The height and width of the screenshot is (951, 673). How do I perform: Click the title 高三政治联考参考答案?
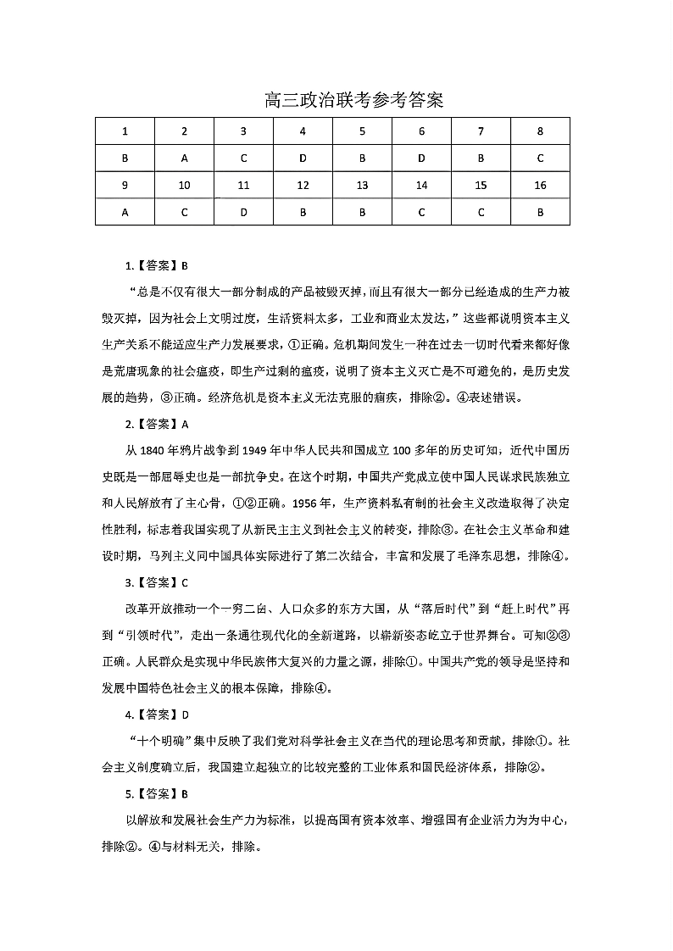(354, 101)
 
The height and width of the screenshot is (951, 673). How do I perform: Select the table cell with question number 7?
(481, 131)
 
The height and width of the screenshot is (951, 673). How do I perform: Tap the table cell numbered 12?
(303, 185)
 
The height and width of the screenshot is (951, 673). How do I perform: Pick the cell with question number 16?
(540, 185)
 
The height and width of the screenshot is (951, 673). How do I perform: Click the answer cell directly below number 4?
(303, 158)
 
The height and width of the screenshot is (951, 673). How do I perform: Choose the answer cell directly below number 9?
(125, 212)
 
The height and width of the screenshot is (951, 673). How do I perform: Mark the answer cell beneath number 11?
(243, 212)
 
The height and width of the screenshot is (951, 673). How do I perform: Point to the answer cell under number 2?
(184, 158)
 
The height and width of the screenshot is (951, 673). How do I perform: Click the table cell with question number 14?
(421, 185)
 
